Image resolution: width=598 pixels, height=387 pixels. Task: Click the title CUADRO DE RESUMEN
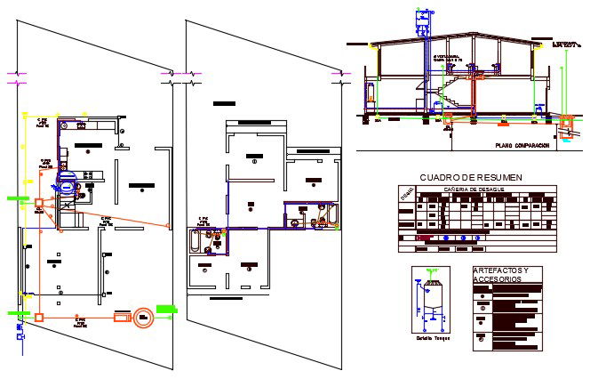point(471,178)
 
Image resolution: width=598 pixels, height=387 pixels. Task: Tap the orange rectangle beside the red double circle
point(120,317)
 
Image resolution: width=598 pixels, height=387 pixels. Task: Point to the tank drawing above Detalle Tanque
point(431,298)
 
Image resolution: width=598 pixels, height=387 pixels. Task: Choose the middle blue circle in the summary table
point(462,238)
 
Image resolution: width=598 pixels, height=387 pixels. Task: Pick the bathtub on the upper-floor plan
point(195,241)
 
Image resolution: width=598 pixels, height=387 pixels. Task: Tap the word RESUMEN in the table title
point(500,178)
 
